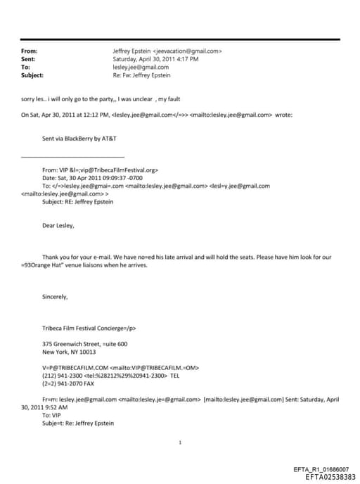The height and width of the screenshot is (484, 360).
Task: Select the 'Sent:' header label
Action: (28, 59)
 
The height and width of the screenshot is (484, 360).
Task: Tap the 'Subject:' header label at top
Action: (32, 75)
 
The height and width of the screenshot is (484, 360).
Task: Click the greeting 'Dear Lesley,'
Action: (58, 226)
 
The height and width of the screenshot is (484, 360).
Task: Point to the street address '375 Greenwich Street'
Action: (72, 343)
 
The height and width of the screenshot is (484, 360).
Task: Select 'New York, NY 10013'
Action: (69, 351)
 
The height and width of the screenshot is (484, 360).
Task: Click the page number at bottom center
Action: (181, 442)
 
